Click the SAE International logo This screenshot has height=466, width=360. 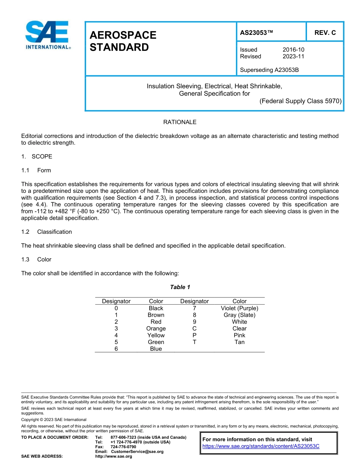[x=47, y=35]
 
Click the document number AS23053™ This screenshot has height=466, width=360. [x=256, y=33]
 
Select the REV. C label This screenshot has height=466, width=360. [x=325, y=33]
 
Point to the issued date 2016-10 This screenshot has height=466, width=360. [x=293, y=50]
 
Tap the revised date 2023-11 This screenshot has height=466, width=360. [x=293, y=56]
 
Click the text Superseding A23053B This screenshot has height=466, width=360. [x=267, y=70]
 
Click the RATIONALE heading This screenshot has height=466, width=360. [x=180, y=122]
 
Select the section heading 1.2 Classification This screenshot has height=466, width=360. [x=47, y=231]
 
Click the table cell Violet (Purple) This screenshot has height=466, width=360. [x=239, y=308]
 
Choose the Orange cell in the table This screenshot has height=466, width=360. [x=156, y=328]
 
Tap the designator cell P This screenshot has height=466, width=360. [x=194, y=335]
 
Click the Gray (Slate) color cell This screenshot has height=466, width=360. [x=239, y=315]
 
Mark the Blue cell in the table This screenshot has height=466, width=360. [x=156, y=349]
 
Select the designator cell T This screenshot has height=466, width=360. [x=194, y=342]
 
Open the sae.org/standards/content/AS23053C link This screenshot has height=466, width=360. [x=261, y=446]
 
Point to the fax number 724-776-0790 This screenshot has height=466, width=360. [x=123, y=447]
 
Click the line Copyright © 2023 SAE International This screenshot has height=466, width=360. [x=54, y=419]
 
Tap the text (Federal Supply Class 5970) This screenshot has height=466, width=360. [x=300, y=101]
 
